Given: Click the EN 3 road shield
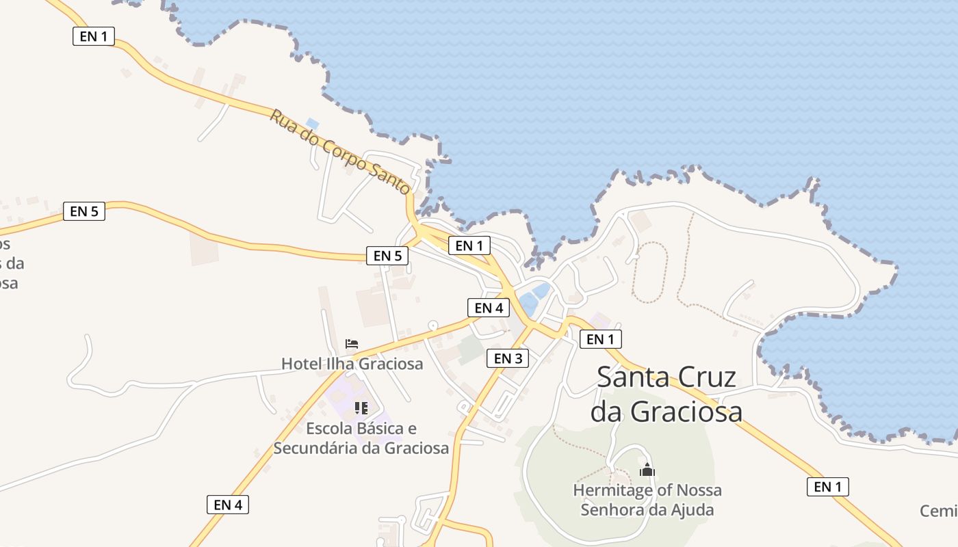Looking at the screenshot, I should tap(508, 358).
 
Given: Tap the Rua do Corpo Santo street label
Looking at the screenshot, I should tap(340, 152).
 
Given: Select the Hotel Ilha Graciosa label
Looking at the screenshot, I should tap(352, 363).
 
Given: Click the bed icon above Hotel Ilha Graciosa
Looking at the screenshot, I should tap(352, 343).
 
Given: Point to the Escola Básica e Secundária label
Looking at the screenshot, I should tap(361, 438).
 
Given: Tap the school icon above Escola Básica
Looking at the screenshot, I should tap(361, 408).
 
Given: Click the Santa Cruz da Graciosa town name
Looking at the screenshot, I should tap(666, 394).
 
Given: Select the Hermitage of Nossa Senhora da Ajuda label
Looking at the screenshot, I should tap(647, 500).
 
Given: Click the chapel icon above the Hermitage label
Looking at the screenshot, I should tap(647, 470).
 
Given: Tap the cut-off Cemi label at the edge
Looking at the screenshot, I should tap(939, 511).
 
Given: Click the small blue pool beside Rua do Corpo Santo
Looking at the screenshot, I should tap(313, 124).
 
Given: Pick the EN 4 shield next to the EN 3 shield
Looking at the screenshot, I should tap(489, 308).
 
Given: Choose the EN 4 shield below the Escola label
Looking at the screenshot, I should tap(228, 505).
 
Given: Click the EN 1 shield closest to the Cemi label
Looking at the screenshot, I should tap(828, 486).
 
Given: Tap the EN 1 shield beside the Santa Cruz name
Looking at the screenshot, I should tap(601, 338).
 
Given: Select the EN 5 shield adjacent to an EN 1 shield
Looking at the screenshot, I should tap(387, 256).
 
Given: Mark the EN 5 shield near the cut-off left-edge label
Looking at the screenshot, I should tap(84, 211).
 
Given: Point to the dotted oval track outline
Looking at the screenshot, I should tap(649, 271).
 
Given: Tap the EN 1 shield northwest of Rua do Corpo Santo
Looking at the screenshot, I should tap(94, 36).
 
